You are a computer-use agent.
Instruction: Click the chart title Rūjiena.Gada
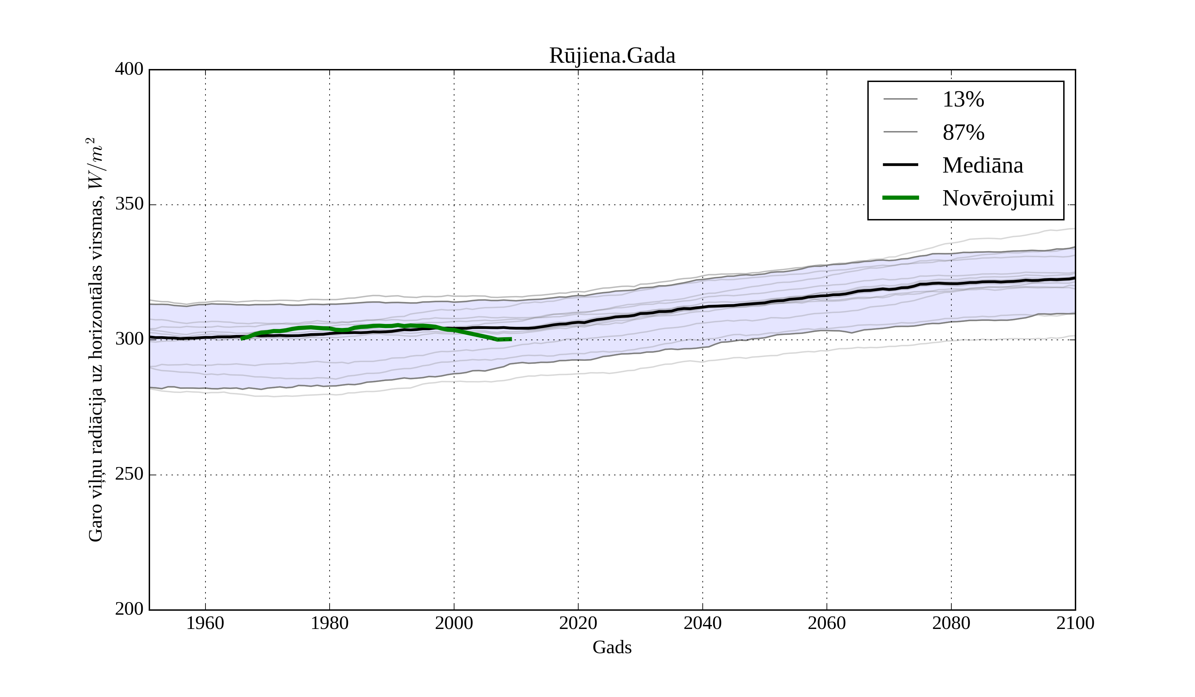pos(612,56)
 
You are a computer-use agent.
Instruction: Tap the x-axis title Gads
pos(612,648)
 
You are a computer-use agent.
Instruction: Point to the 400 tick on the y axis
pos(129,69)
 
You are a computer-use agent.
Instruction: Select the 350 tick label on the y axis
pos(129,204)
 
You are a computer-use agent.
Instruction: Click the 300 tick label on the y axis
pos(129,340)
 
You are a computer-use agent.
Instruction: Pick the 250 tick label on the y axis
pos(129,474)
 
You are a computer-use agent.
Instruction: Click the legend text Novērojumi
pos(998,198)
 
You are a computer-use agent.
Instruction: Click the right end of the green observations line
pos(511,339)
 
